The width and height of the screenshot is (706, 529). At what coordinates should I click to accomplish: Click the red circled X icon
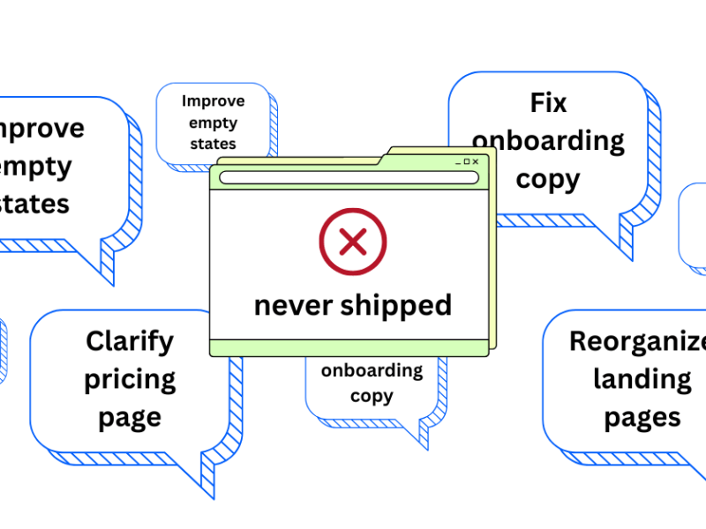353,240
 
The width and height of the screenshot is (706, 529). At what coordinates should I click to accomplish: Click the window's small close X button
476,161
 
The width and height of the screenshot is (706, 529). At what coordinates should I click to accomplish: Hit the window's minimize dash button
458,162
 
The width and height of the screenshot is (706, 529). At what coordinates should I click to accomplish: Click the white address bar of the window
349,177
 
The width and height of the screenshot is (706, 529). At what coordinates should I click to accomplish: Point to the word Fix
548,102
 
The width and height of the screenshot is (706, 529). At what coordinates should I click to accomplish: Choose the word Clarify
130,341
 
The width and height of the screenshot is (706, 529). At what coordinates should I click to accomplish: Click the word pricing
130,380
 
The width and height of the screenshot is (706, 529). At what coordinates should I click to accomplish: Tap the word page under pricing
130,418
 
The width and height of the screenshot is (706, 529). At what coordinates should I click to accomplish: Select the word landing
642,379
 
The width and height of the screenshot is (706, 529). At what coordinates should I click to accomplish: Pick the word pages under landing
642,417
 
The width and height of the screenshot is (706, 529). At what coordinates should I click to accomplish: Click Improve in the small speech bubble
213,101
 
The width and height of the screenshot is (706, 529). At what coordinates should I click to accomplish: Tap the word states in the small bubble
213,143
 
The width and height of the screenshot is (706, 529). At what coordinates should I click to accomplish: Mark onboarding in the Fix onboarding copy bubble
548,140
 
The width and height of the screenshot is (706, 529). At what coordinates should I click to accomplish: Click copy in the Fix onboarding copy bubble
548,179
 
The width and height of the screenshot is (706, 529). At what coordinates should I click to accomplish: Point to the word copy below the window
372,396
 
